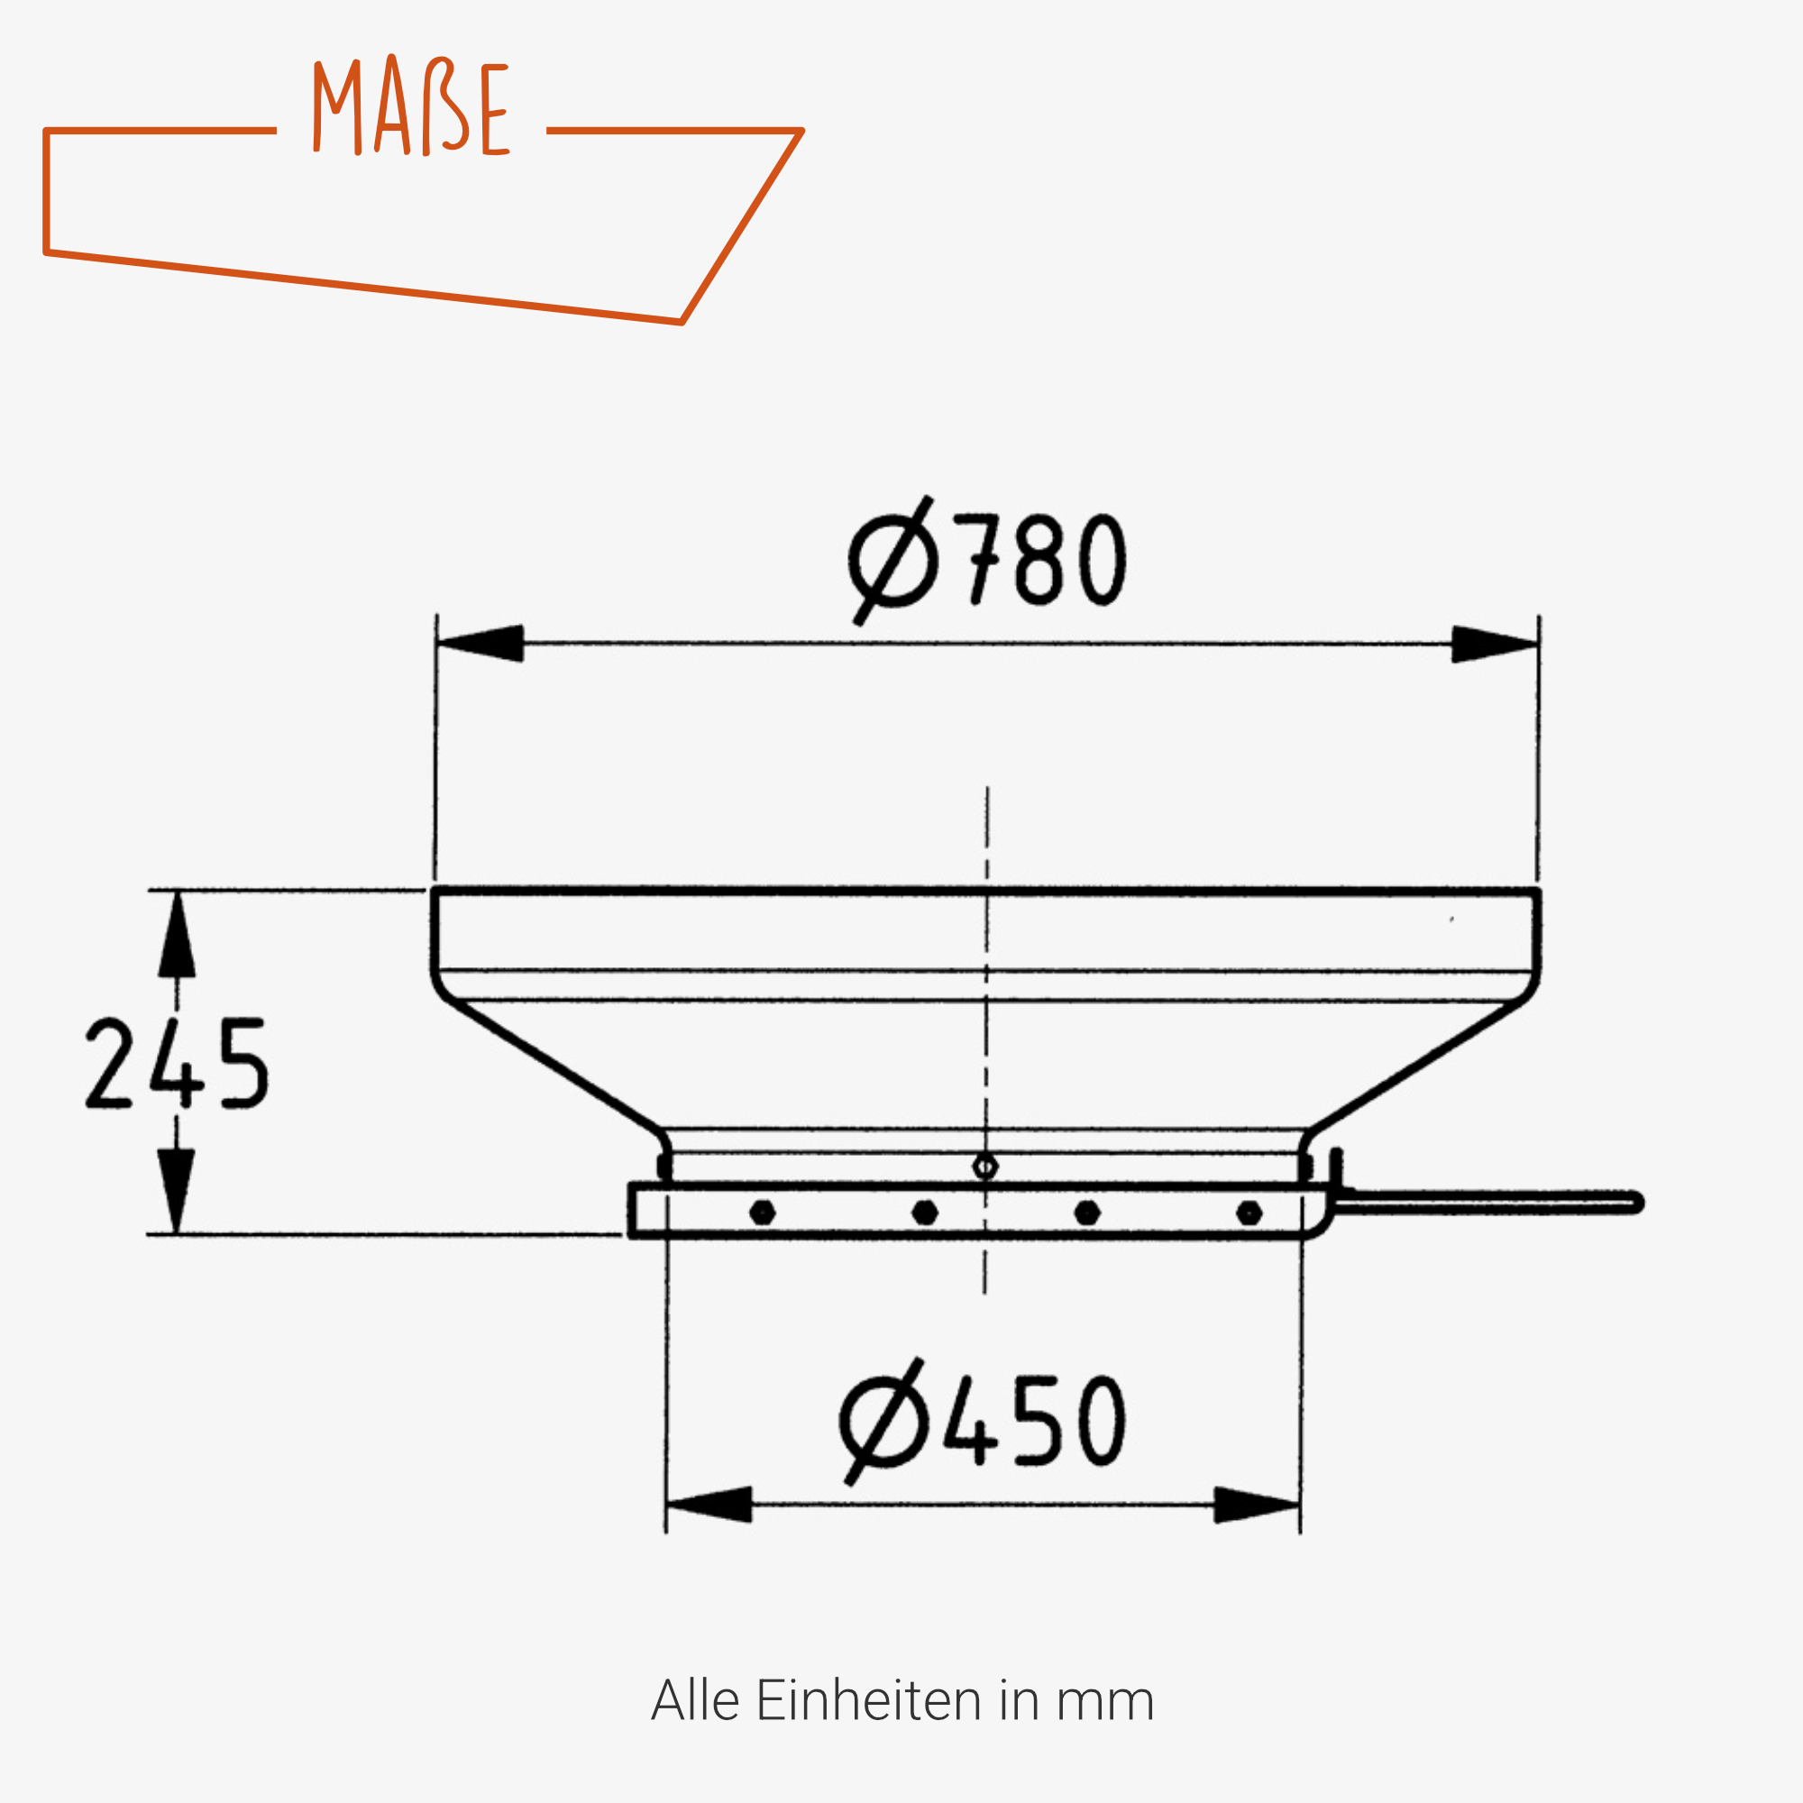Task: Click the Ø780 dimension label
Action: pyautogui.click(x=986, y=560)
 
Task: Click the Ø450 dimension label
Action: pyautogui.click(x=982, y=1422)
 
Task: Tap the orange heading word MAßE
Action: pyautogui.click(x=410, y=105)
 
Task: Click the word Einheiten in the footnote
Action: pyautogui.click(x=869, y=1700)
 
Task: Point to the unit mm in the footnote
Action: pyautogui.click(x=1105, y=1704)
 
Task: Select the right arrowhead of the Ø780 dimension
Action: pyautogui.click(x=1495, y=644)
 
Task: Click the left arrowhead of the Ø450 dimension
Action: pyautogui.click(x=709, y=1505)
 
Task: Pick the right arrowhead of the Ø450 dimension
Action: pyautogui.click(x=1256, y=1505)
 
